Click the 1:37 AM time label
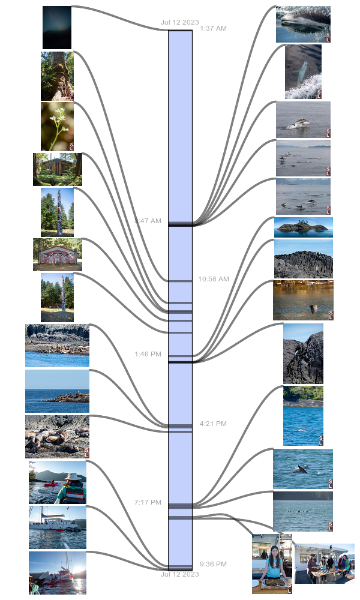(x=214, y=28)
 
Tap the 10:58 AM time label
(x=214, y=279)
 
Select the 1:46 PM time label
(x=148, y=354)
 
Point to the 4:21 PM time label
(x=213, y=424)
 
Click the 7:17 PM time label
(x=148, y=502)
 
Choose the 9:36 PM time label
(x=213, y=564)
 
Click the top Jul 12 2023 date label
(x=179, y=22)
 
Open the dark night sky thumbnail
(x=57, y=28)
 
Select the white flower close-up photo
(x=57, y=126)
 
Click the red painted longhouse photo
(x=58, y=254)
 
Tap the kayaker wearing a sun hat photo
(x=58, y=482)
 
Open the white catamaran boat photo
(x=58, y=527)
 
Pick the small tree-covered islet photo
(x=303, y=227)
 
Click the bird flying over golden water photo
(x=303, y=300)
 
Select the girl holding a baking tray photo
(x=272, y=564)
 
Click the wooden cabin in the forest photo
(x=58, y=169)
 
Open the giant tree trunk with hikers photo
(x=57, y=76)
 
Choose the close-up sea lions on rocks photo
(x=58, y=436)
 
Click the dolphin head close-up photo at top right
(x=303, y=24)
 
